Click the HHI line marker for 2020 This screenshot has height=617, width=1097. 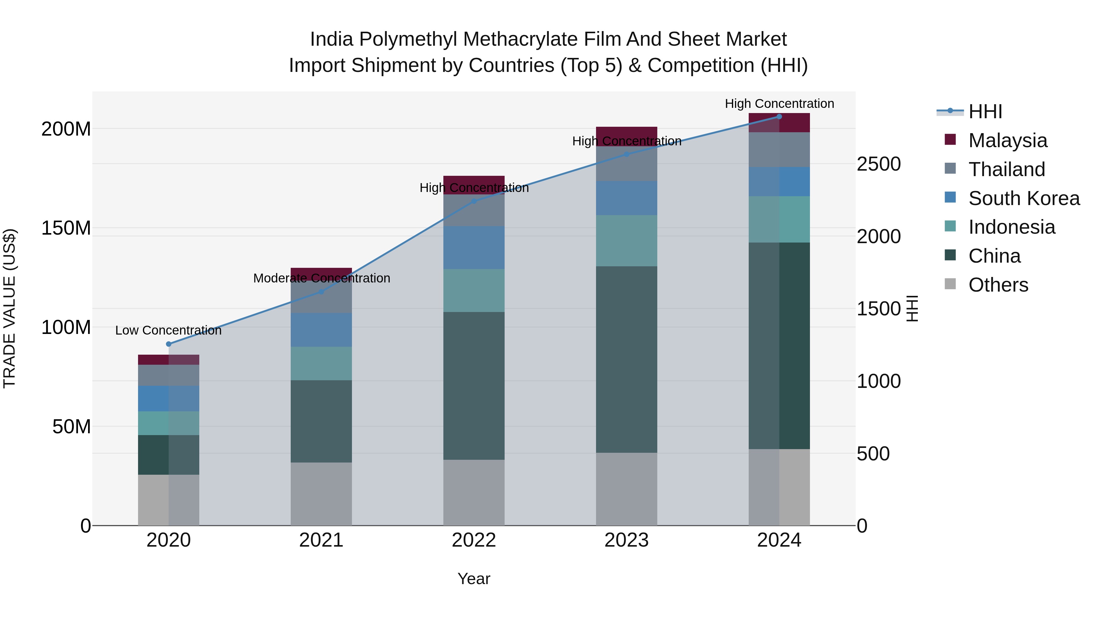coord(169,344)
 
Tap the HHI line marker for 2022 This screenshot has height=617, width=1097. coord(474,201)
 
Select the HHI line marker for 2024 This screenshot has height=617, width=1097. coord(779,116)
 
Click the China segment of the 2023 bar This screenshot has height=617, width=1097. coord(627,360)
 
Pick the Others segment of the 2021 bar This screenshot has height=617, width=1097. coord(321,494)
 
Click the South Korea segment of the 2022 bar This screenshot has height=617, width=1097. coord(474,248)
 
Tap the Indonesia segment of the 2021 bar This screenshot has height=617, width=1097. coord(321,363)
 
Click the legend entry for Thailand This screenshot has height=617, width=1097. coord(1007,169)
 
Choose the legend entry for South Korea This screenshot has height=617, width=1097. coord(1024,198)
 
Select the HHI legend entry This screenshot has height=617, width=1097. coord(985,112)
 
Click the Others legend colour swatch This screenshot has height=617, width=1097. coord(950,284)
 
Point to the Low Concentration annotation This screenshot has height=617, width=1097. coord(169,330)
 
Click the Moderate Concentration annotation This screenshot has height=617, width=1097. coord(321,278)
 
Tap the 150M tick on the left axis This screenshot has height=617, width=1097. coord(66,228)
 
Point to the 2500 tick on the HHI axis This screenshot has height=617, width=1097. coord(879,164)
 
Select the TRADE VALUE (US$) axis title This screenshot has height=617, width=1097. coord(9,308)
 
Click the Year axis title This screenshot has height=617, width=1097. coord(474,579)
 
